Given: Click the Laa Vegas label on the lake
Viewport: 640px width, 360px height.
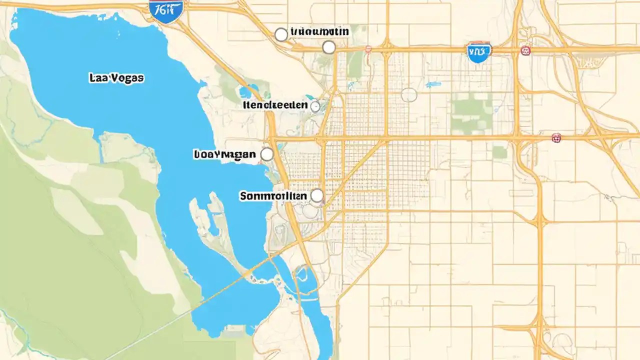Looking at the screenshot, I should [x=116, y=78].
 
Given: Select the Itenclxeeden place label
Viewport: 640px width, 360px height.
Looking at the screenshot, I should [x=275, y=105].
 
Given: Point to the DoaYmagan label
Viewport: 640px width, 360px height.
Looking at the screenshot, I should [x=224, y=154].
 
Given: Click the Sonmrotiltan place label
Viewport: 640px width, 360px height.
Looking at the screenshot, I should [x=273, y=196].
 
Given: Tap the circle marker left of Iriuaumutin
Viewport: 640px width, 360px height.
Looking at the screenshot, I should [x=281, y=34].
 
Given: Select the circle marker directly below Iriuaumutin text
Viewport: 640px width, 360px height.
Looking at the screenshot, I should [x=328, y=47].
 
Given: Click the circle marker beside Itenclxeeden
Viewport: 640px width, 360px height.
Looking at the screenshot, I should [x=315, y=106].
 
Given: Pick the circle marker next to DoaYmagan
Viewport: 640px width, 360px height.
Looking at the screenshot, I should [x=267, y=154].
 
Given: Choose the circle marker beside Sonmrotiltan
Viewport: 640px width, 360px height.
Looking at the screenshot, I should [x=316, y=195].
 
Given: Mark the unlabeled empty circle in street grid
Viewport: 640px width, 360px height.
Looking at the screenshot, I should [x=408, y=94].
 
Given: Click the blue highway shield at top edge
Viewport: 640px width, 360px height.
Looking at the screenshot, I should [x=166, y=10].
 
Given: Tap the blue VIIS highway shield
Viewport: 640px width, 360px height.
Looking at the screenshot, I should [x=478, y=52].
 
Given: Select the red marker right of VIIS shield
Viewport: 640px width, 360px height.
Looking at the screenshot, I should [x=525, y=50].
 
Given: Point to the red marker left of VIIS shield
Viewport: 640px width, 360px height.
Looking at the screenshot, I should [x=368, y=49].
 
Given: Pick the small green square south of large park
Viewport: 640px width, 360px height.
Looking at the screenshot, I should [x=499, y=152].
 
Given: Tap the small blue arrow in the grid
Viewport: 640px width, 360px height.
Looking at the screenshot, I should [x=432, y=84].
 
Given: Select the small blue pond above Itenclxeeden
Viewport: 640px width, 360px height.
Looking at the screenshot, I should [x=246, y=92].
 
